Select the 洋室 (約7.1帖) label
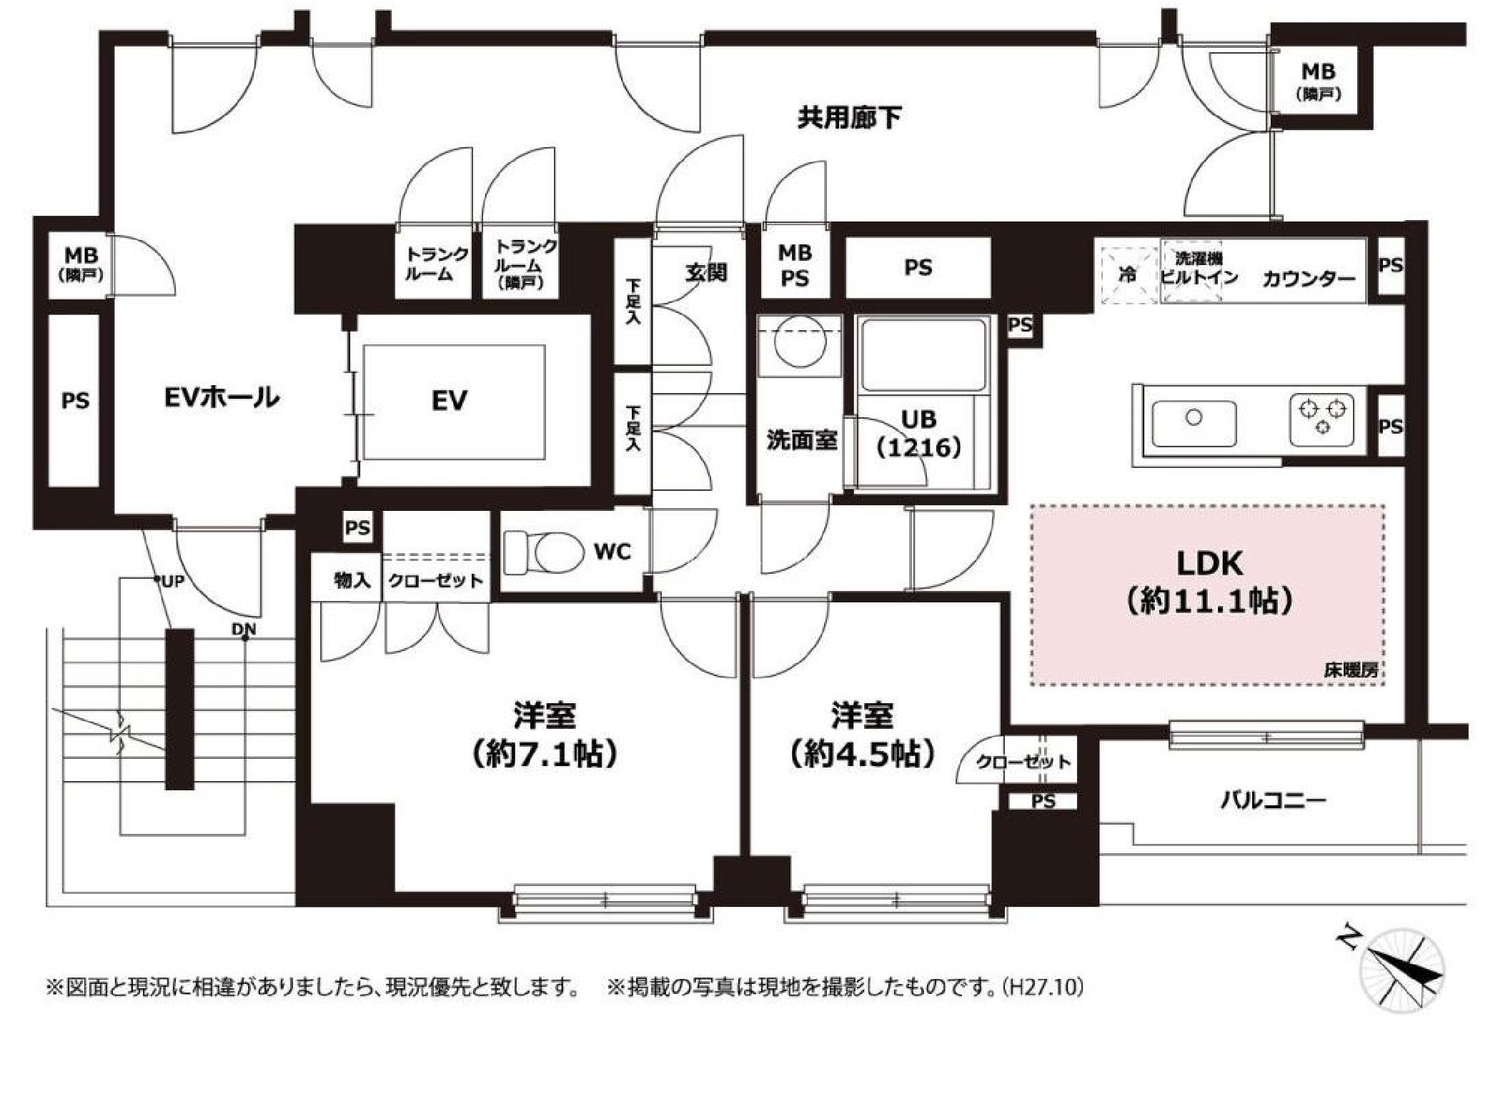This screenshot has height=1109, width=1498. [545, 734]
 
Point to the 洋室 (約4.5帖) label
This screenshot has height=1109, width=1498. [863, 734]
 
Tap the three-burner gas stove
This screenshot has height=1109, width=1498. [1321, 419]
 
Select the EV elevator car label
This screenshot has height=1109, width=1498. [450, 400]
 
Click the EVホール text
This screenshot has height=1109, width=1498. [222, 397]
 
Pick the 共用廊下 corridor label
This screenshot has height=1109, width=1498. [849, 118]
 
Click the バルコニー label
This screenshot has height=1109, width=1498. [1273, 800]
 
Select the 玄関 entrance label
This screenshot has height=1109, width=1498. [705, 272]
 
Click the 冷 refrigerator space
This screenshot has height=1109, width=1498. [1127, 275]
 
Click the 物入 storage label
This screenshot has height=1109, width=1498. [352, 580]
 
